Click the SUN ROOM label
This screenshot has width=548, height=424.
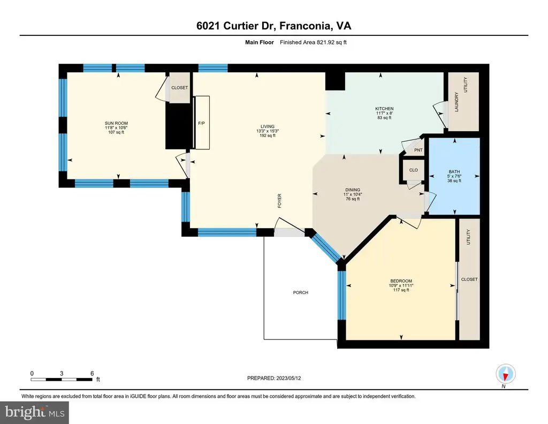116,123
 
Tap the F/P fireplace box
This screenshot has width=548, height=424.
201,123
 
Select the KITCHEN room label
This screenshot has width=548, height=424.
384,109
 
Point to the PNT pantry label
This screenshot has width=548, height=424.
418,150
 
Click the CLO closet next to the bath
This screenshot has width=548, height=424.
414,170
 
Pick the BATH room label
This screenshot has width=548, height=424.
454,172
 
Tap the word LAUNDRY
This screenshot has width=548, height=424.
456,102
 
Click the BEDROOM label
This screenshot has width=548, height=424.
401,281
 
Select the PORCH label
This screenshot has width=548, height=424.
301,292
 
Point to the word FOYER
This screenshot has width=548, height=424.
279,201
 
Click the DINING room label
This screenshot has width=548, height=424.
353,190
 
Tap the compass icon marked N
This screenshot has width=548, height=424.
505,374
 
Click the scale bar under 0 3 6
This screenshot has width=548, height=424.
62,380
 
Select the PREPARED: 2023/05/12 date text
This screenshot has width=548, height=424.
274,378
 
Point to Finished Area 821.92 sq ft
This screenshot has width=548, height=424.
313,42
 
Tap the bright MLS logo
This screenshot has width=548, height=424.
35,413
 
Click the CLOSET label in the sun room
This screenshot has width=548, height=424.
180,88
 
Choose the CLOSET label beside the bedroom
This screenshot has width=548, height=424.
469,279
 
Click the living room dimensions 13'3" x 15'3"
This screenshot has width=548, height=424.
268,131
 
